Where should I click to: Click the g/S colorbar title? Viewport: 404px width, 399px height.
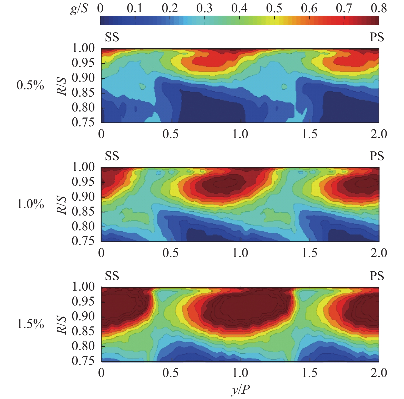(79, 9)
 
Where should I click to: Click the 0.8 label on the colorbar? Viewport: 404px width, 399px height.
(379, 8)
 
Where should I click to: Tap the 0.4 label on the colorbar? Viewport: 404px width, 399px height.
(239, 8)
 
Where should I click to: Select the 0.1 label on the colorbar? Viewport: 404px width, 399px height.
(135, 8)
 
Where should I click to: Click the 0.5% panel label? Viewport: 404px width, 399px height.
(30, 85)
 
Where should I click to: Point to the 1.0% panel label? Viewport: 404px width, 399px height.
(31, 204)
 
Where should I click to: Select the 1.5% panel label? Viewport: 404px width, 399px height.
(31, 324)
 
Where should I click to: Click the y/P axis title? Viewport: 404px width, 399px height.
(241, 390)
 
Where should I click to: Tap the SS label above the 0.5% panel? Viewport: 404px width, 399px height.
(112, 37)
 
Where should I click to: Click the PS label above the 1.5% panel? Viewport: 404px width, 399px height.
(377, 276)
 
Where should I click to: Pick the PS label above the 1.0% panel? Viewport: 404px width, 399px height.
(377, 156)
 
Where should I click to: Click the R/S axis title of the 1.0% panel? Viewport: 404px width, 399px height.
(62, 204)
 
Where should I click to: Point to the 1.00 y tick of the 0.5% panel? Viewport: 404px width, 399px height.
(83, 48)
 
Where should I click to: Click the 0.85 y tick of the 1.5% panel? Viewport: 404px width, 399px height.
(83, 331)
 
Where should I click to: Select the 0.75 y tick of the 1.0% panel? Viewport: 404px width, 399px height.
(83, 241)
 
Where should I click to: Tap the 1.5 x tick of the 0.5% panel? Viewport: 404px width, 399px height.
(309, 134)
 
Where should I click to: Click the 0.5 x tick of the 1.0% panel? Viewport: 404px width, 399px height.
(171, 253)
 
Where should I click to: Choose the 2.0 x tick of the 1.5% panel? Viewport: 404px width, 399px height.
(379, 373)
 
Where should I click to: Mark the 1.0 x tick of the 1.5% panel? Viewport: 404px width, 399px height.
(240, 373)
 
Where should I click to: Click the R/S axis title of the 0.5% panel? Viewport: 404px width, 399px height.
(62, 86)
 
